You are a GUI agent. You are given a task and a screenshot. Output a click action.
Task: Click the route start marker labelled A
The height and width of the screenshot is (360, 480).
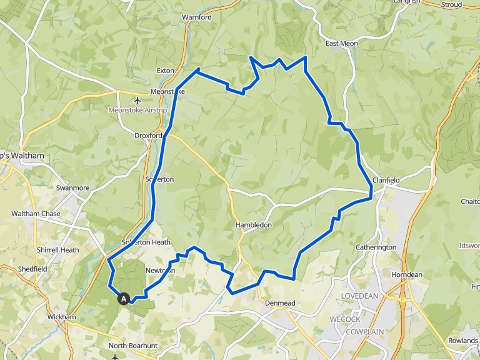tap(124, 299)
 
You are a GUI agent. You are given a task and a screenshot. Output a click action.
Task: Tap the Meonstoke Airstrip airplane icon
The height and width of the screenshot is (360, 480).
tap(137, 100)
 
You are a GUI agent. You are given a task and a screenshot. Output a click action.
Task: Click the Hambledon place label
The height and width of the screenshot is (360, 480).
tap(253, 224)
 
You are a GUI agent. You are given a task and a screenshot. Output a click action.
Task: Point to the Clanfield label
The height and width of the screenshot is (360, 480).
tap(386, 180)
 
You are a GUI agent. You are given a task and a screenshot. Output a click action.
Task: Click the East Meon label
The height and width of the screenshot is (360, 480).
tap(341, 44)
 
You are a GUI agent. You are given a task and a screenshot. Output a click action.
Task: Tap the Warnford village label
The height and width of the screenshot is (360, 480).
tap(197, 17)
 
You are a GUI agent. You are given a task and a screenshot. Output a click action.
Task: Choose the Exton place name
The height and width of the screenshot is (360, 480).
tap(166, 71)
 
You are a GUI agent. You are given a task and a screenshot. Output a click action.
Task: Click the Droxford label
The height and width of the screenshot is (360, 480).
tap(149, 135)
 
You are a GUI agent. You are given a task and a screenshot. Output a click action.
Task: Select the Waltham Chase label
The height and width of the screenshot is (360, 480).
tap(36, 214)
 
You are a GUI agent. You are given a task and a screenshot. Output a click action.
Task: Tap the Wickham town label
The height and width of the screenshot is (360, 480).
tap(62, 317)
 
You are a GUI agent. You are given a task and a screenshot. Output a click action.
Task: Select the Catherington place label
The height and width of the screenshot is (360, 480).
tap(376, 247)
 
